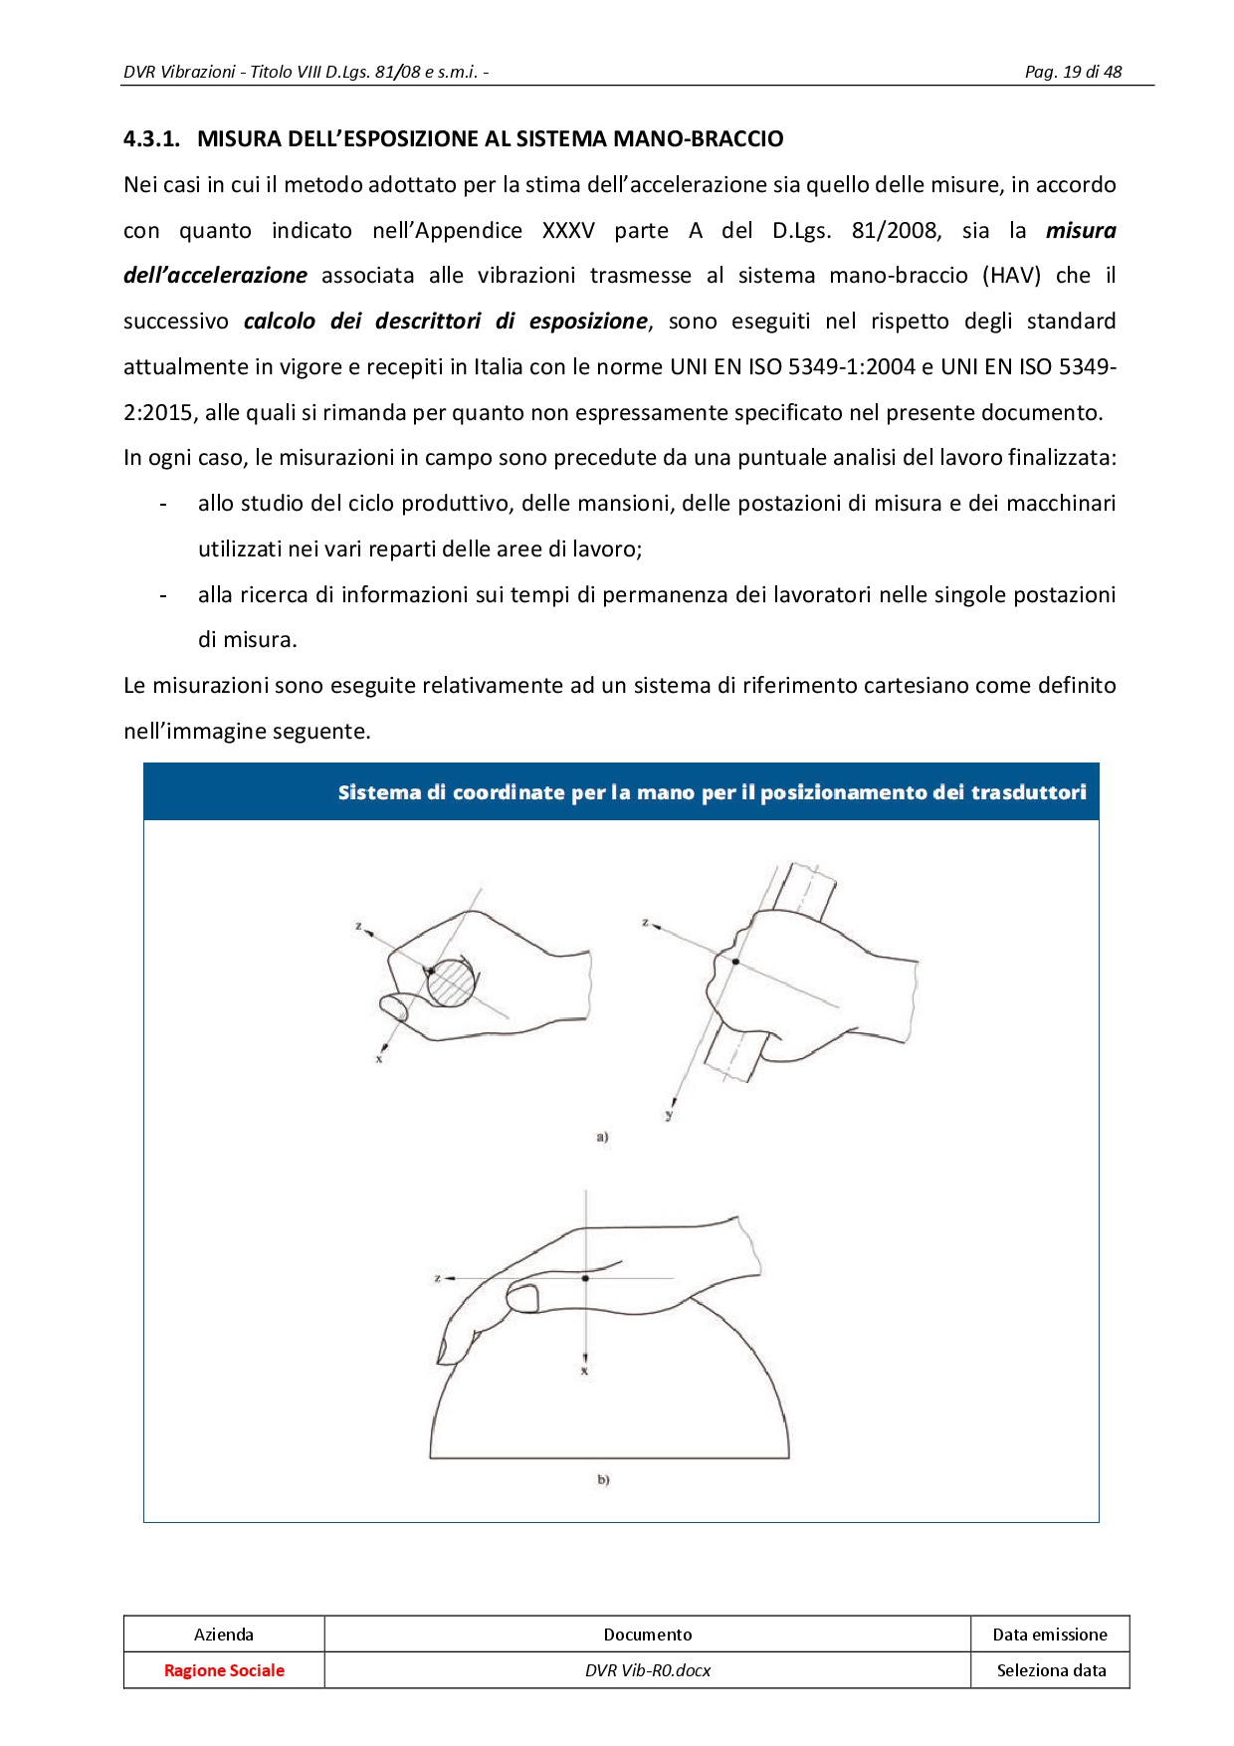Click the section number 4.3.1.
click(151, 139)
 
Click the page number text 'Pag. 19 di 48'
click(1073, 72)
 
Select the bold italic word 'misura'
click(1080, 231)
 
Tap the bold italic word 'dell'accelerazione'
click(215, 276)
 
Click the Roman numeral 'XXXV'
click(568, 231)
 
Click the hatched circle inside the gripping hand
click(451, 982)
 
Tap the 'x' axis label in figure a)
click(379, 1059)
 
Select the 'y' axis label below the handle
click(669, 1116)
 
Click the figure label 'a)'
click(602, 1137)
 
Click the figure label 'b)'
click(603, 1480)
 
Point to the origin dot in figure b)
click(585, 1278)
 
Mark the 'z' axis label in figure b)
click(438, 1278)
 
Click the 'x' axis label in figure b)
click(584, 1371)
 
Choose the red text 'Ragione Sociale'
click(224, 1670)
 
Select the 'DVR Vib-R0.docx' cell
click(648, 1670)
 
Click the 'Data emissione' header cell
click(1050, 1635)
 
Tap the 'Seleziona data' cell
click(1051, 1670)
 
